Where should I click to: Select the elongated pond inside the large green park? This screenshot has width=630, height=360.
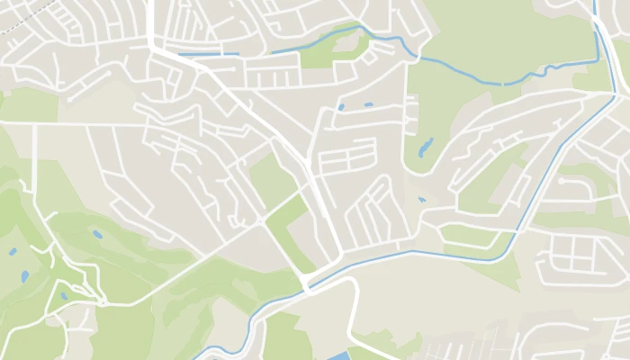(x=425, y=147)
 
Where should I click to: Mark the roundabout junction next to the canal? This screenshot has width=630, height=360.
(x=309, y=285)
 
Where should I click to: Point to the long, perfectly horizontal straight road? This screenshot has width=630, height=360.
(x=90, y=125)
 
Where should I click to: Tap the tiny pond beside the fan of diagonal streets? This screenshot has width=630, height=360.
(x=420, y=199)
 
